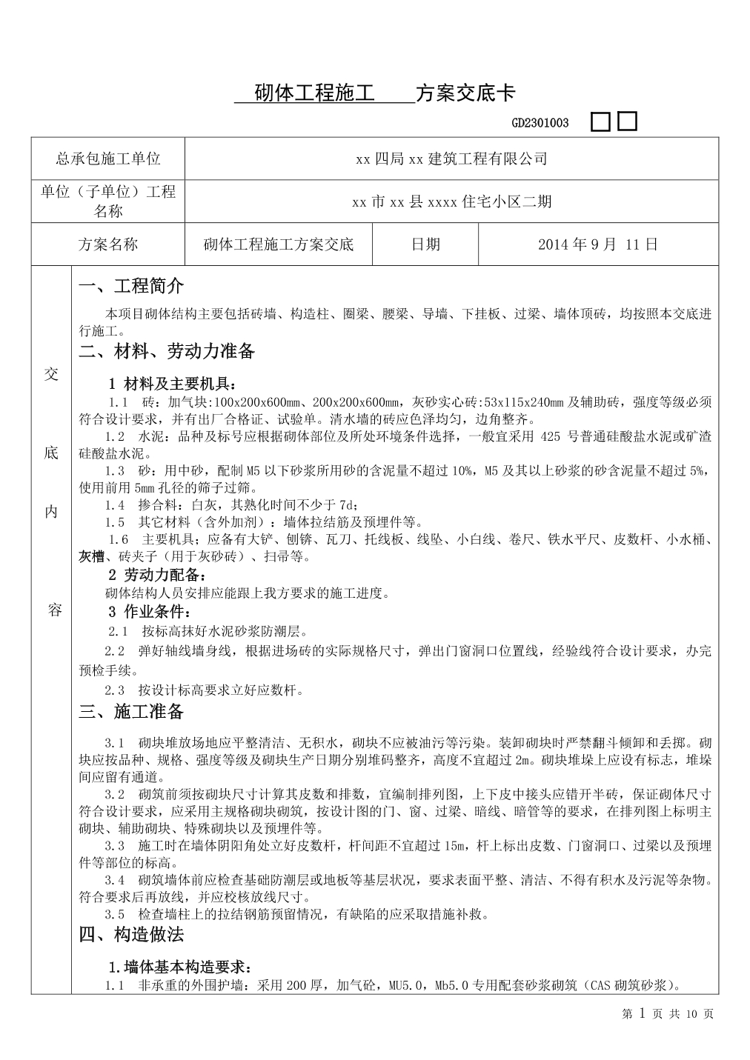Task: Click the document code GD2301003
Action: pyautogui.click(x=540, y=123)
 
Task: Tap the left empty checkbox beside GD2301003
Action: pyautogui.click(x=600, y=122)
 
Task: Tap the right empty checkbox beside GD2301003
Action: pyautogui.click(x=627, y=121)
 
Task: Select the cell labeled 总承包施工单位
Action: pyautogui.click(x=108, y=159)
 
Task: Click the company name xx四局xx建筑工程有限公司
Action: pyautogui.click(x=451, y=159)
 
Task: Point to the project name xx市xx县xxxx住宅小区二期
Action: pyautogui.click(x=451, y=201)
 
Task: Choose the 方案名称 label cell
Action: pyautogui.click(x=108, y=244)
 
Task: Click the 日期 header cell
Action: pyautogui.click(x=425, y=244)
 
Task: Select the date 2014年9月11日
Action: pyautogui.click(x=598, y=244)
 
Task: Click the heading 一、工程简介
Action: pyautogui.click(x=131, y=287)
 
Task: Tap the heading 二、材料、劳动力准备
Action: pyautogui.click(x=167, y=352)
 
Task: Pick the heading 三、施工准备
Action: pyautogui.click(x=131, y=713)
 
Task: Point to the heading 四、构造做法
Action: pyautogui.click(x=131, y=935)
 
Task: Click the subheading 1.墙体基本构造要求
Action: pyautogui.click(x=180, y=968)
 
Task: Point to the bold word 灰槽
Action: pyautogui.click(x=93, y=557)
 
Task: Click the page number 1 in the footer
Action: pyautogui.click(x=643, y=1013)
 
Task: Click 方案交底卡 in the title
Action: pyautogui.click(x=465, y=93)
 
